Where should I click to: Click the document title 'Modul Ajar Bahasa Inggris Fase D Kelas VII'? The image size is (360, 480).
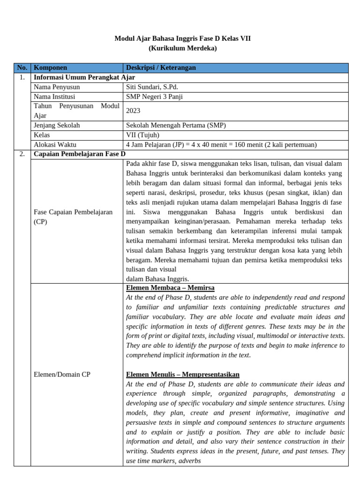coord(182,38)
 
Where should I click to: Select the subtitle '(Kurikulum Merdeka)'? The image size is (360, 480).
coord(182,48)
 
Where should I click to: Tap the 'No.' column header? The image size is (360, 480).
coord(22,68)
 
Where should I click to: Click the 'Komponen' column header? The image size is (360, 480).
coord(51,68)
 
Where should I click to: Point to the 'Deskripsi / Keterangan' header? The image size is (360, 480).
coord(161,68)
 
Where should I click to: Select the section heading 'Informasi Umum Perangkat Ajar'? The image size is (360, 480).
coord(84,77)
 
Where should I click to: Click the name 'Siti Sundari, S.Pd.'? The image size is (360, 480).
coord(152,87)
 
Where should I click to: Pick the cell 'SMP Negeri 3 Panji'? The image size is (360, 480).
coord(154,97)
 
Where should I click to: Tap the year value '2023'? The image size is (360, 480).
coord(134,111)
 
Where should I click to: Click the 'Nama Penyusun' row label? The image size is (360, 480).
coord(57,87)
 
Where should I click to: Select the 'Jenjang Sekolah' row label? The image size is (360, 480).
coord(57,126)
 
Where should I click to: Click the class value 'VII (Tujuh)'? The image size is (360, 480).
coord(142,135)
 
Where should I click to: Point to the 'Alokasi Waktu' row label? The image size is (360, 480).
coord(55,145)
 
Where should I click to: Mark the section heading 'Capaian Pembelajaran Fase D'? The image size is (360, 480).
coord(80,154)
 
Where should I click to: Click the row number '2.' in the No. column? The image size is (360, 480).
coord(22,154)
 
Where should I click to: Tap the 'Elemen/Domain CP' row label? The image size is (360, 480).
coord(62,374)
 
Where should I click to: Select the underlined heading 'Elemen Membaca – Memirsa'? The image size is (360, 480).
coord(170,287)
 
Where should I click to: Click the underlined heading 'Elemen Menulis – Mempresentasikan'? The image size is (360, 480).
coord(183,374)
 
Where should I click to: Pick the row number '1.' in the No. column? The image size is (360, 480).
coord(22,77)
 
